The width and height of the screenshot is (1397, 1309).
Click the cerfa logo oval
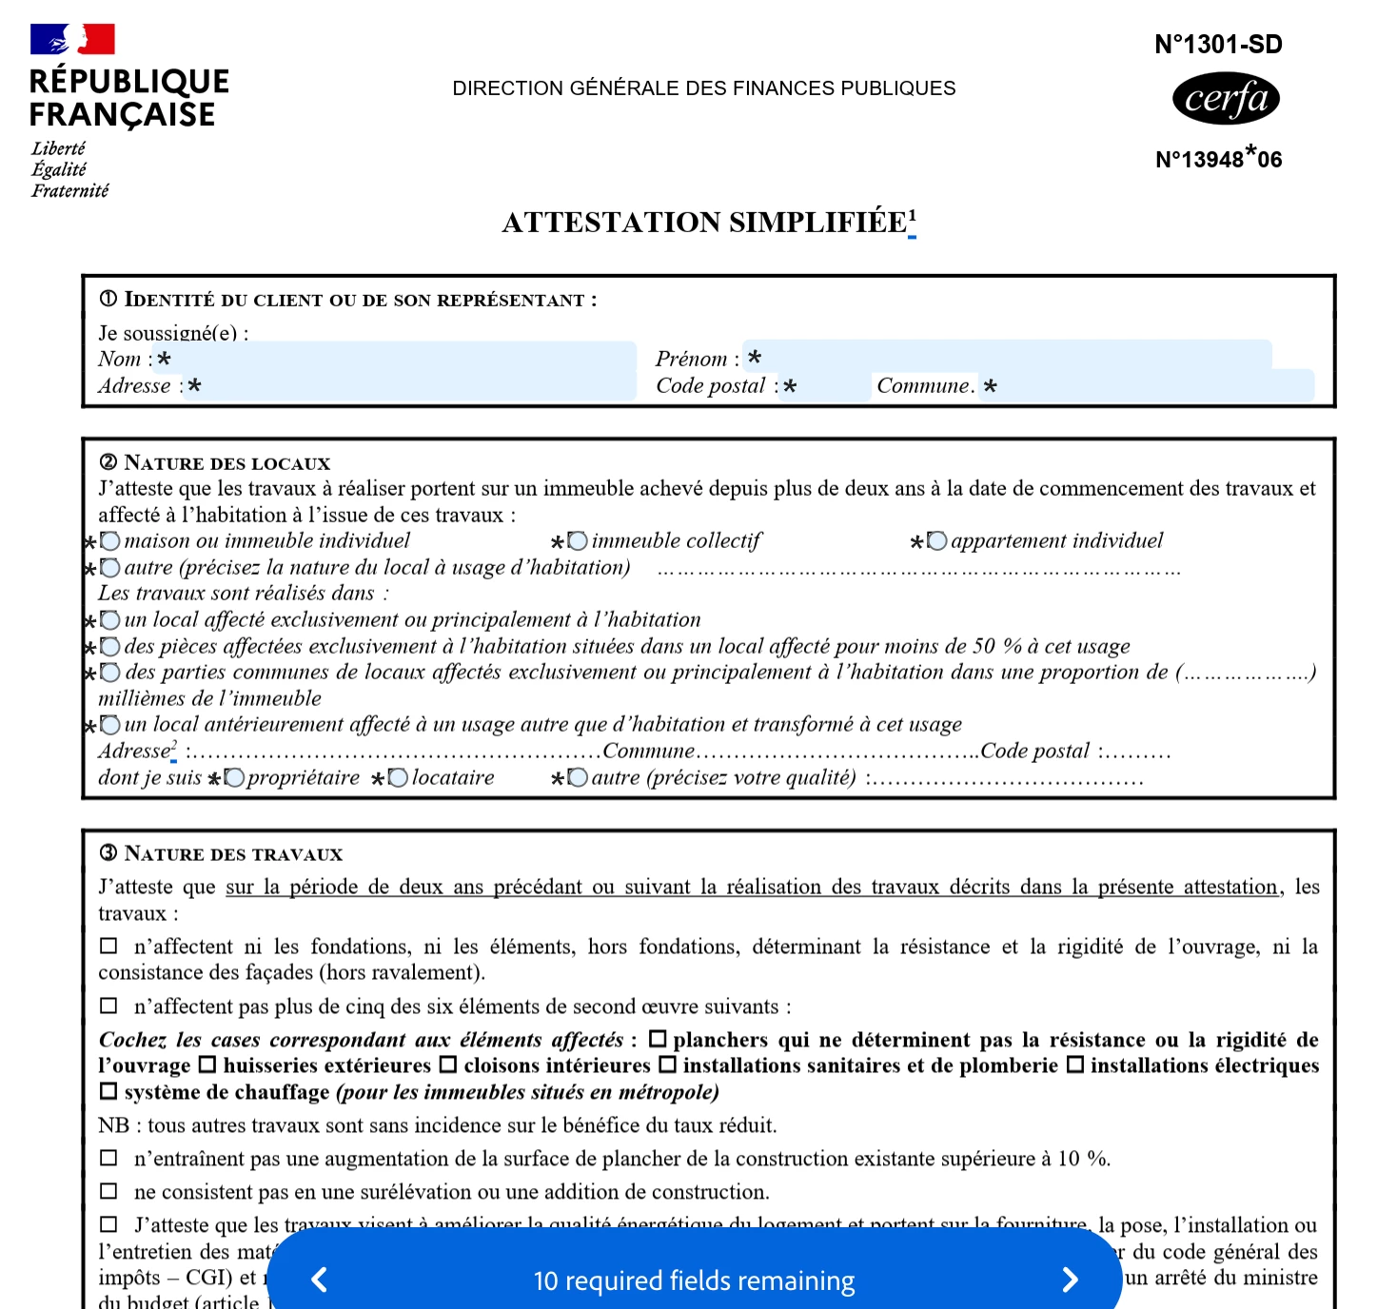click(x=1226, y=99)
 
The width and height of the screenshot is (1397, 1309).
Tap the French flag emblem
click(x=72, y=39)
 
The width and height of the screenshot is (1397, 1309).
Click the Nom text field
click(x=400, y=359)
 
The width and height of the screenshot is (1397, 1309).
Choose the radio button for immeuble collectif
click(x=578, y=541)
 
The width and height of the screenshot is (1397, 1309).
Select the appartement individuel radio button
click(x=937, y=541)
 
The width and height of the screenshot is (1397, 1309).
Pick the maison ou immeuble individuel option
click(x=110, y=541)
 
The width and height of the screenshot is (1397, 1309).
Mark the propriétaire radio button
click(x=234, y=778)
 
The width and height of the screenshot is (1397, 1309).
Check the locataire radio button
click(x=399, y=778)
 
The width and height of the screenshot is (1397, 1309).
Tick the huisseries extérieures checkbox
click(x=207, y=1065)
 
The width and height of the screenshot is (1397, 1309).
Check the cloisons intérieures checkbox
click(x=448, y=1065)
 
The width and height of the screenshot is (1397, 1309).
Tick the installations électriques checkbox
click(x=1075, y=1065)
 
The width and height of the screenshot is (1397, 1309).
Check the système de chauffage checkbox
click(x=108, y=1091)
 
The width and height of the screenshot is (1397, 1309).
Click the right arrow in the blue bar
click(x=1070, y=1280)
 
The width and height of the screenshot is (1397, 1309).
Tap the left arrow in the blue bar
click(x=320, y=1280)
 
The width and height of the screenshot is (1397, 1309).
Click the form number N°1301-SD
click(x=1218, y=45)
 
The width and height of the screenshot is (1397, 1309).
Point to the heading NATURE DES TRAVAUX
click(x=233, y=854)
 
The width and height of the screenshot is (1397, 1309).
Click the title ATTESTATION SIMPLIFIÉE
click(x=704, y=223)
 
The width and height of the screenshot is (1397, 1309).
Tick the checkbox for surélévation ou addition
click(x=108, y=1191)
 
